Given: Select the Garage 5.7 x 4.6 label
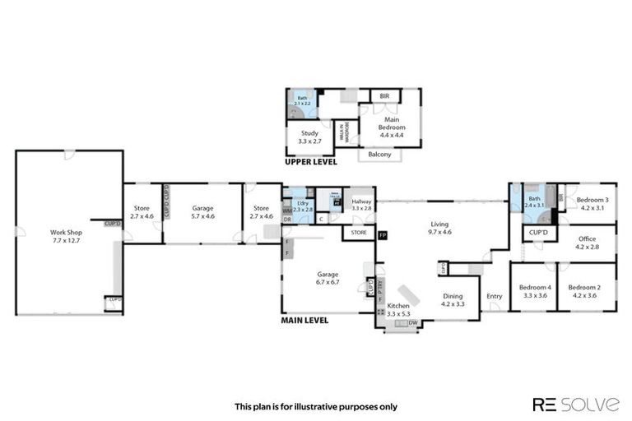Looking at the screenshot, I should [202, 213].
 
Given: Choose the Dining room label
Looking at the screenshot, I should [453, 300].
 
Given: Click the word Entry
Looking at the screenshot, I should [494, 296].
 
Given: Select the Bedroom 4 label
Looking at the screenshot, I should [533, 291].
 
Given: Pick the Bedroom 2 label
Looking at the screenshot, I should [585, 291].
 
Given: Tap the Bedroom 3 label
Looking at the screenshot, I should [592, 204].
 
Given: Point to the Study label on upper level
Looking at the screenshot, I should [309, 136].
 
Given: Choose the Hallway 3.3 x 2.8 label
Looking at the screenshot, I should [362, 205].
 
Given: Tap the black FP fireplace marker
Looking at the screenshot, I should [382, 236].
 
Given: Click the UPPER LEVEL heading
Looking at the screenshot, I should [310, 164].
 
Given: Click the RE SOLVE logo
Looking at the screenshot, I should [575, 404].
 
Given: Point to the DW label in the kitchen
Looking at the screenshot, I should [411, 322].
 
